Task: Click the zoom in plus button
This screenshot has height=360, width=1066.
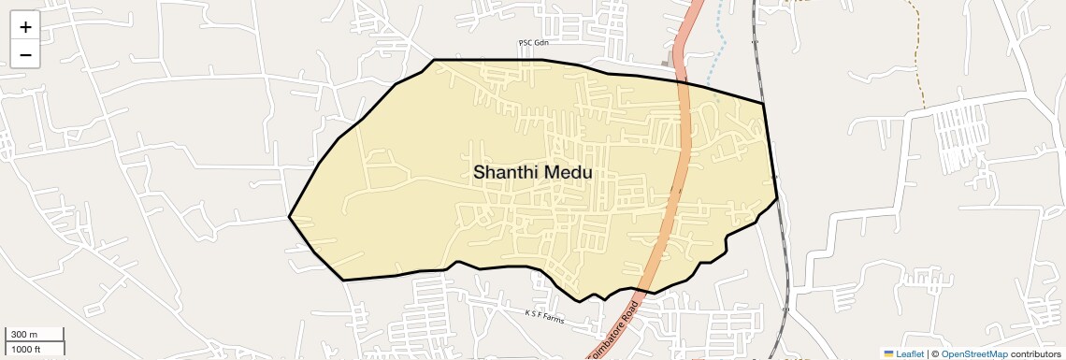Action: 25,27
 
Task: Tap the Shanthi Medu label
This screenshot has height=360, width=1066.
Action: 532,172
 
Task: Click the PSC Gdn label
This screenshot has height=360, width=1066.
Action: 532,43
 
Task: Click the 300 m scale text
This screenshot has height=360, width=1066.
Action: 24,335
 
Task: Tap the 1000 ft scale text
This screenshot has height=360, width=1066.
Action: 26,349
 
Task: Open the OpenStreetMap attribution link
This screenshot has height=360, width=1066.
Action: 974,353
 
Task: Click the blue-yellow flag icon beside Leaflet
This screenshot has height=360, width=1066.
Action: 888,353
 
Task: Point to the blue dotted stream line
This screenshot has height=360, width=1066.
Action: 718,56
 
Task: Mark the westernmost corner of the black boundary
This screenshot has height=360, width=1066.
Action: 289,217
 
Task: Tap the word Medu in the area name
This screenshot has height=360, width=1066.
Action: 566,172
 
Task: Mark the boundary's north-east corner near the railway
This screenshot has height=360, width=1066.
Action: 764,103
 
